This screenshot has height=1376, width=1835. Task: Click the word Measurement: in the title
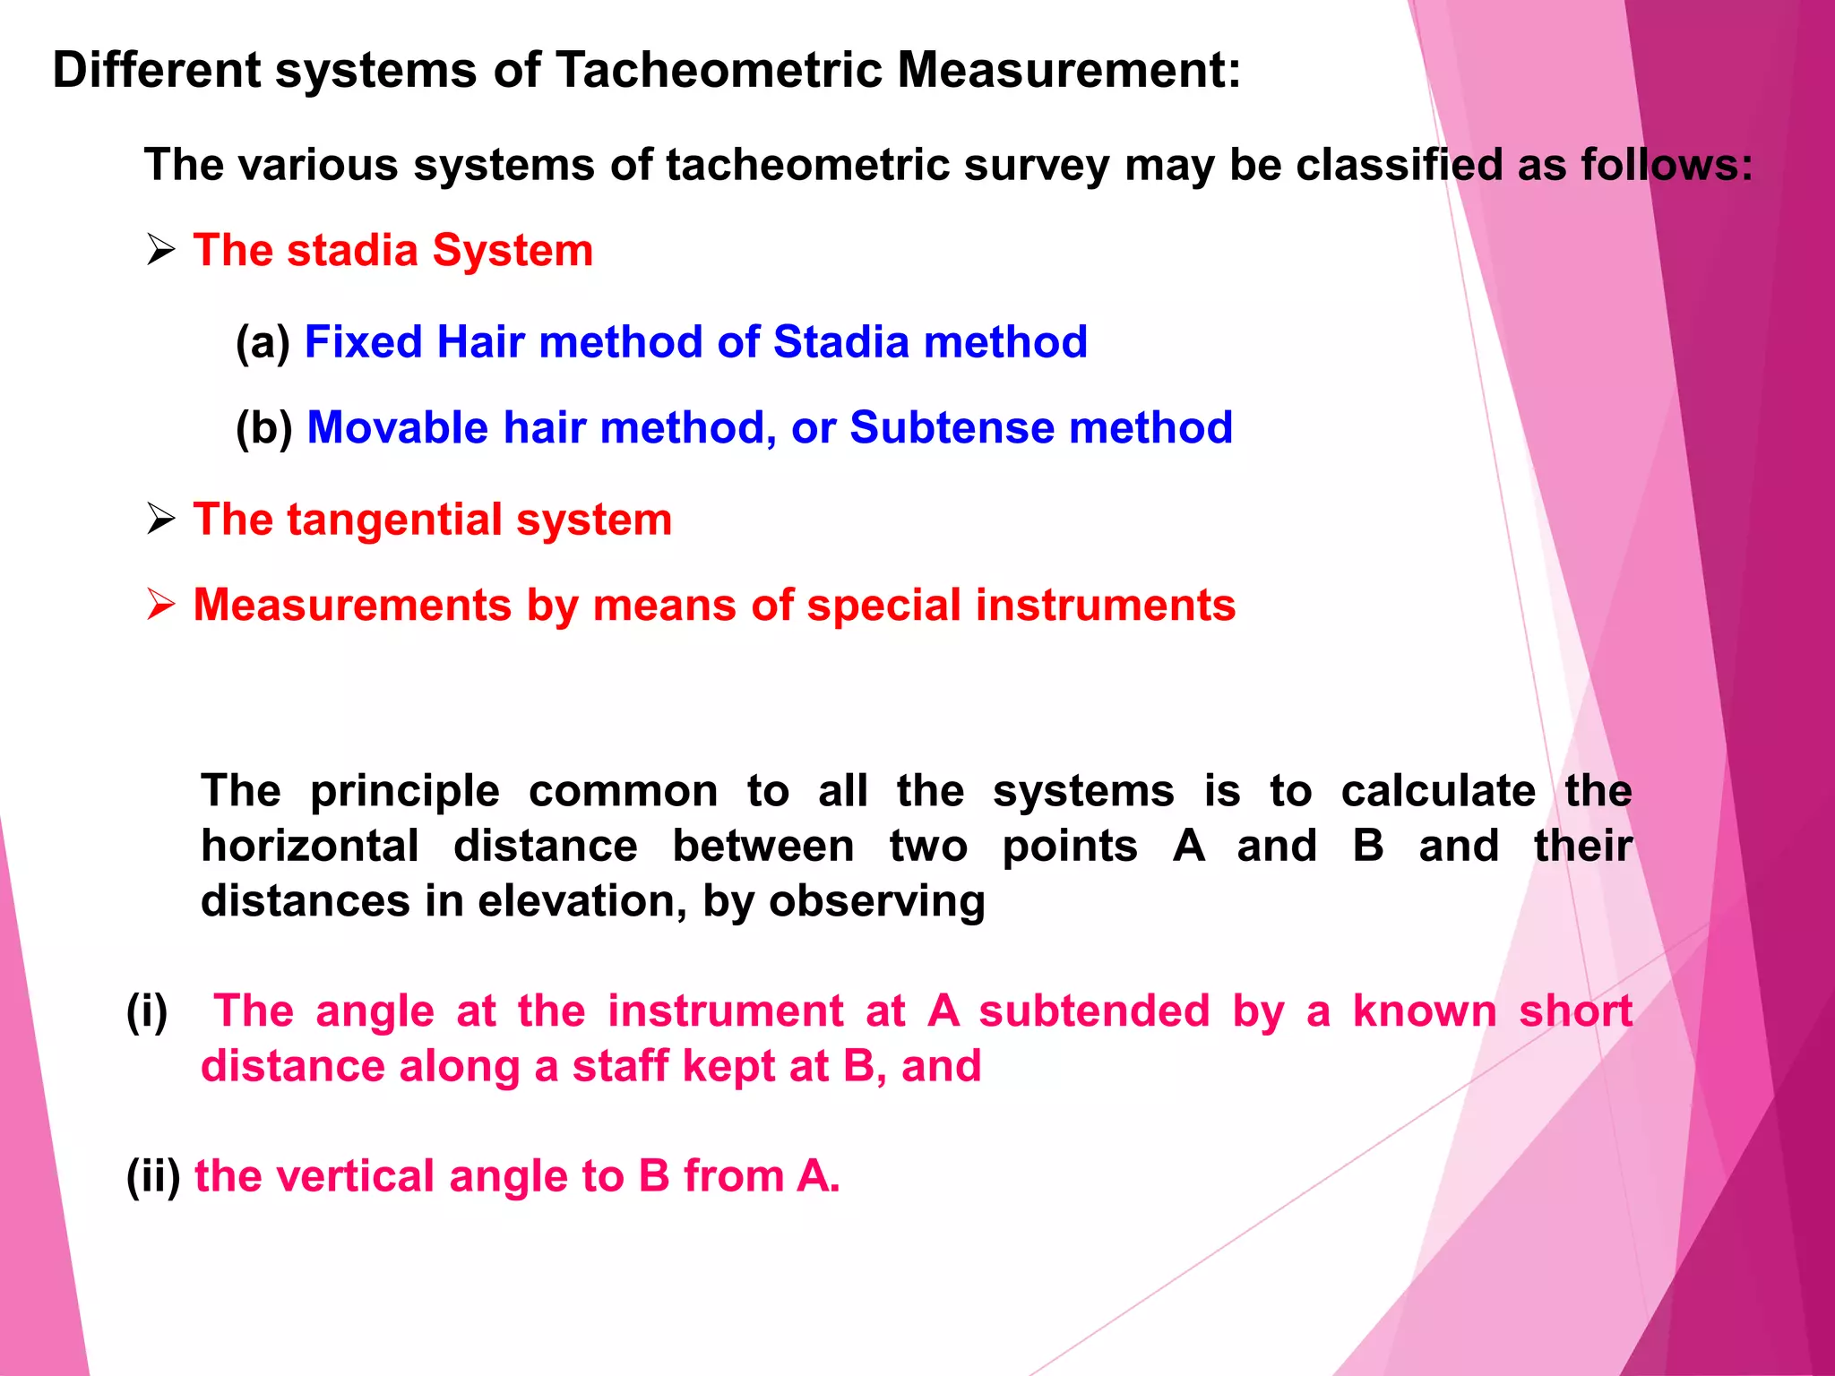[1070, 70]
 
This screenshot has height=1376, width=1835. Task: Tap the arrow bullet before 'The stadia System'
[160, 250]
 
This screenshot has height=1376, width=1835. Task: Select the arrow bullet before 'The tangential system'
[160, 519]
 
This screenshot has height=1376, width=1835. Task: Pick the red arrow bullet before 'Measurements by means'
[160, 605]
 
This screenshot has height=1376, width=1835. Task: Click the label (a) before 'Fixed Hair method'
[263, 342]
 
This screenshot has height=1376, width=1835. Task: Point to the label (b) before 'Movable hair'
[263, 427]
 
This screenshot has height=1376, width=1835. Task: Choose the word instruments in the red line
[1105, 605]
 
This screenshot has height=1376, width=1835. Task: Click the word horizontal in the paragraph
[310, 846]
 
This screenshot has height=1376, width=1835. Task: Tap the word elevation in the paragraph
[582, 901]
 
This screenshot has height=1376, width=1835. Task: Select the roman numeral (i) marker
[147, 1012]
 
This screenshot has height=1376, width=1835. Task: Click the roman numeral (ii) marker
[153, 1176]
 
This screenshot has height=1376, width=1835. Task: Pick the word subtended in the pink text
[1094, 1011]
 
